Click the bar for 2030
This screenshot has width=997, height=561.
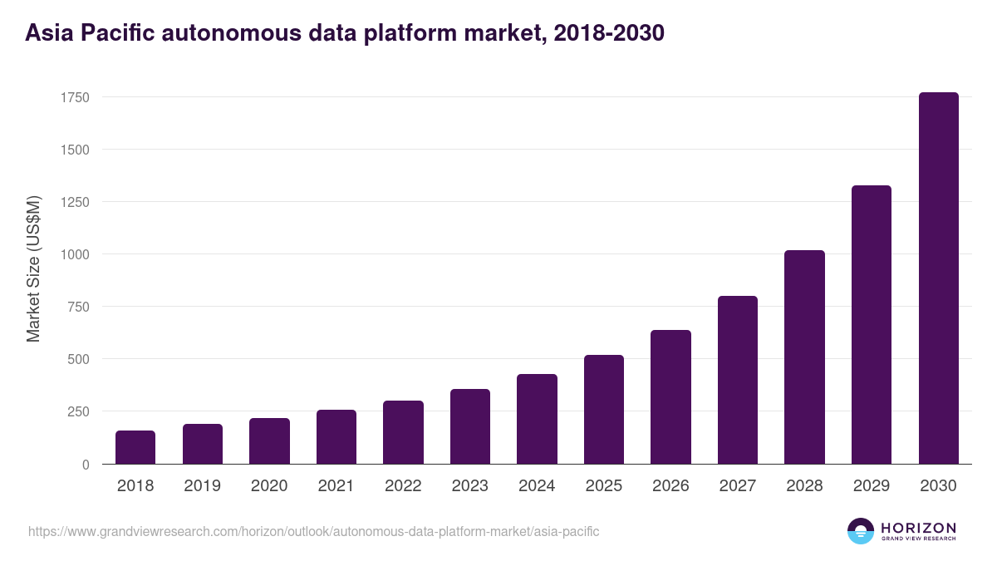[x=938, y=278]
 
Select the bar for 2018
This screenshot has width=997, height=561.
[x=135, y=447]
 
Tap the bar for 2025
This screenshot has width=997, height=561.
[x=604, y=410]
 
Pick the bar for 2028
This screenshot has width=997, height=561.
[x=804, y=357]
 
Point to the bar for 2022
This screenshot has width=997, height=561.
[x=403, y=432]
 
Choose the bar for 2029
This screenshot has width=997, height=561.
[x=872, y=325]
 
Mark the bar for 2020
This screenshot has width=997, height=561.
[x=269, y=441]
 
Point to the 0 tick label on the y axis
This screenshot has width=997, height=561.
[x=86, y=465]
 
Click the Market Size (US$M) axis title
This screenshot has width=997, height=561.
[x=33, y=268]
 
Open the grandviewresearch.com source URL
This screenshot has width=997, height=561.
[x=313, y=531]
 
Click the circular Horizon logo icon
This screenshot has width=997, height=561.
[x=861, y=531]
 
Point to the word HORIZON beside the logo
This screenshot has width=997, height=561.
[x=919, y=527]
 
